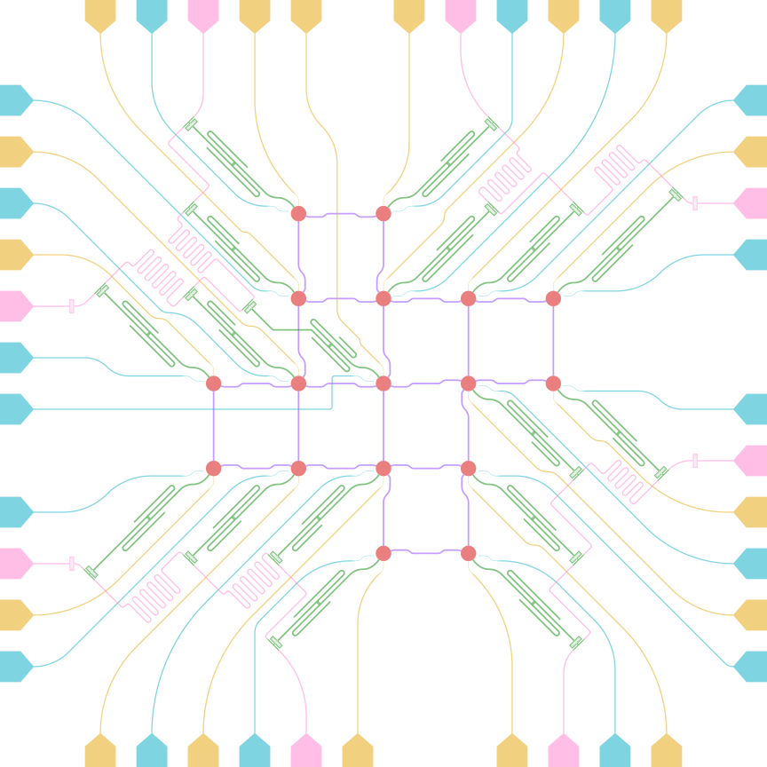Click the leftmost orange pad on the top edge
click(x=100, y=14)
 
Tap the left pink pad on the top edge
click(x=203, y=14)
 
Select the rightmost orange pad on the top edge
click(x=667, y=14)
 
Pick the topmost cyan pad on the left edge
click(x=14, y=100)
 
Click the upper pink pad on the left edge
click(x=14, y=306)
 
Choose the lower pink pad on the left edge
click(x=14, y=564)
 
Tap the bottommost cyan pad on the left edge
click(x=14, y=667)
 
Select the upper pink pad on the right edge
click(x=752, y=203)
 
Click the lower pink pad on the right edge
click(x=752, y=461)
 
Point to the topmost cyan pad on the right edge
click(x=752, y=100)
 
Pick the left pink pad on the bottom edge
click(x=306, y=752)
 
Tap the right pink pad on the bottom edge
click(x=564, y=752)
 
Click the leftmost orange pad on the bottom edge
click(x=100, y=752)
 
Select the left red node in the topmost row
click(x=298, y=213)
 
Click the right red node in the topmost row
click(x=383, y=213)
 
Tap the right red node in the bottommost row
click(x=469, y=553)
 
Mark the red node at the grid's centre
click(x=383, y=383)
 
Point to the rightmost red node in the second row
click(x=553, y=298)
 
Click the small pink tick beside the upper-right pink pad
click(x=694, y=203)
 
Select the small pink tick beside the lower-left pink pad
click(x=72, y=564)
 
